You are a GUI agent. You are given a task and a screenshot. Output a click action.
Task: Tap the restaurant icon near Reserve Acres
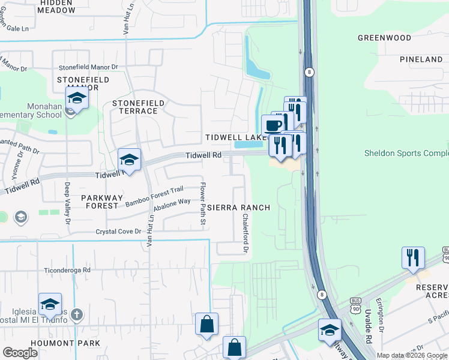[x=413, y=257]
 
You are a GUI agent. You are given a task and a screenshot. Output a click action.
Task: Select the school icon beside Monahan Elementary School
[x=77, y=98]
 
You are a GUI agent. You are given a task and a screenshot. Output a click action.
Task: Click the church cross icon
[x=76, y=314]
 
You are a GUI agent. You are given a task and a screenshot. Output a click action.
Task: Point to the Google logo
[x=20, y=353]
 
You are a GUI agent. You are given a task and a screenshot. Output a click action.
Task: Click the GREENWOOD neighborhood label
[x=384, y=38]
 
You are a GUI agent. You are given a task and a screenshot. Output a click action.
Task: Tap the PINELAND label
[x=421, y=59]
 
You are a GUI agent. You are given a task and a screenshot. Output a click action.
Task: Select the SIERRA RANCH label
[x=238, y=208]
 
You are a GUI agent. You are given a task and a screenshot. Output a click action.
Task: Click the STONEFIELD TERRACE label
[x=138, y=107]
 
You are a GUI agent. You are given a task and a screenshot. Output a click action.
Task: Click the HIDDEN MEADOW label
[x=56, y=7]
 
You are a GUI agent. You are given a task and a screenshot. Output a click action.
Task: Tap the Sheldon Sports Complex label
[x=406, y=153]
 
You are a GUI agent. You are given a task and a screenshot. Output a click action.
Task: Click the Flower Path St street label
[x=203, y=205]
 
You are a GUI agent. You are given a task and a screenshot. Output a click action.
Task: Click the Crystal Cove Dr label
[x=118, y=231]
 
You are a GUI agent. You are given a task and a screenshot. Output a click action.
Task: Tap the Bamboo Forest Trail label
[x=154, y=197]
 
